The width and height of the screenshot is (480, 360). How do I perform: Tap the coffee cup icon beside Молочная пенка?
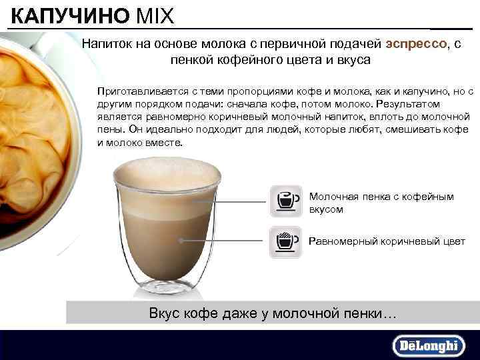[285, 201]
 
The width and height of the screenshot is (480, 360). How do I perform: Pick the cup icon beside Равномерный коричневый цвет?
[285, 241]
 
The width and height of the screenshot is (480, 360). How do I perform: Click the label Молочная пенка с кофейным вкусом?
[381, 203]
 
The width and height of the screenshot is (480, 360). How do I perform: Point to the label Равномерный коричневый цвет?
[387, 241]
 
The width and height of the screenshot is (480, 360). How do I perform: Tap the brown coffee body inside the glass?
[167, 240]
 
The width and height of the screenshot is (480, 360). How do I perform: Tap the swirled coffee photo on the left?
[33, 133]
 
